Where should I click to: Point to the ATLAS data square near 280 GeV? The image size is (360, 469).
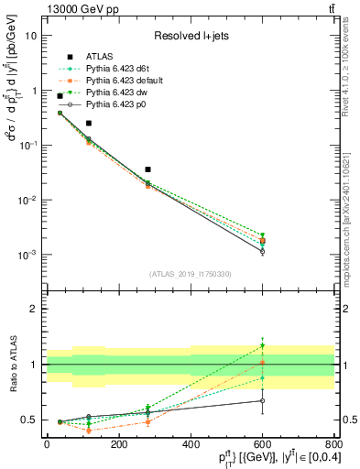147,169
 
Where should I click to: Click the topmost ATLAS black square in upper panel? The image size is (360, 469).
60,95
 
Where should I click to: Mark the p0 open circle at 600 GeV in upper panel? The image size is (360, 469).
262,251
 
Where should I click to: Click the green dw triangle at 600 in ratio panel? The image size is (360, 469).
262,346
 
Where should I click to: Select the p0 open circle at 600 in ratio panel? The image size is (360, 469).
262,400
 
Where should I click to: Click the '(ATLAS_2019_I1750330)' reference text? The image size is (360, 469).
190,274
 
